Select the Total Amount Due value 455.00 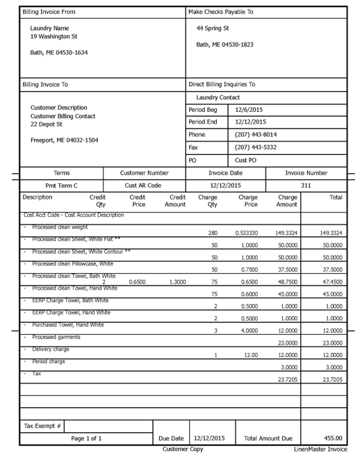tap(331, 438)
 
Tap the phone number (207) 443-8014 tap(256, 135)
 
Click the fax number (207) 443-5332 tap(256, 147)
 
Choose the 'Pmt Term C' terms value tap(61, 185)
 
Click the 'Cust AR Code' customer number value tap(144, 185)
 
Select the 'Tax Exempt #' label tap(39, 424)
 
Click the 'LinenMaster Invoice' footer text tap(320, 449)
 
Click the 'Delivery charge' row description tap(51, 349)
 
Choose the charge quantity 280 tap(213, 233)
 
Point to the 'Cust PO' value tap(247, 160)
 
